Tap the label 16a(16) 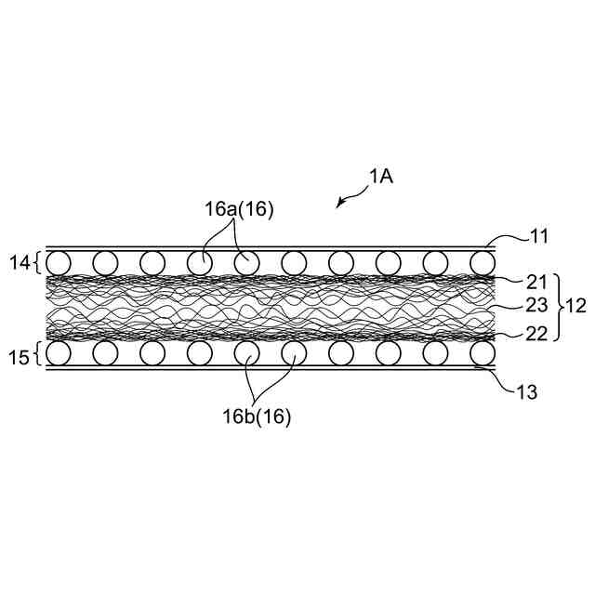tap(239, 209)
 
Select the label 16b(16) tap(257, 416)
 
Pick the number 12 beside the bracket tap(575, 305)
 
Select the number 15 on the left tap(17, 352)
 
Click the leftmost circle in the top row tap(58, 262)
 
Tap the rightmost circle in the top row tap(482, 262)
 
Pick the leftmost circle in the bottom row tap(58, 352)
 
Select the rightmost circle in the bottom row tap(482, 352)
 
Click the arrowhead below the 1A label tap(341, 203)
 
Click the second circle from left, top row tap(105, 262)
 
